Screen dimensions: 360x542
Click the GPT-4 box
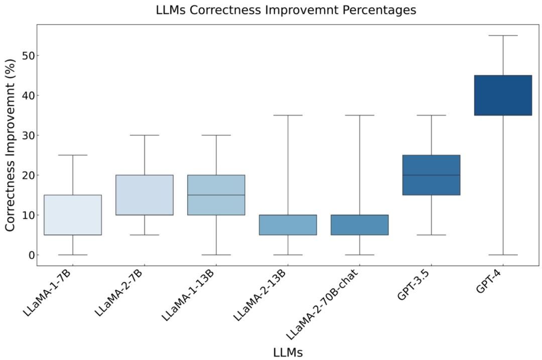pos(503,95)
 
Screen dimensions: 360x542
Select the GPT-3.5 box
pos(431,175)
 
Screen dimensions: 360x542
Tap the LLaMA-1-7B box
pos(73,215)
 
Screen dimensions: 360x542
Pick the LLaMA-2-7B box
pos(145,195)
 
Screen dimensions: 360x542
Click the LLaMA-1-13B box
pos(216,195)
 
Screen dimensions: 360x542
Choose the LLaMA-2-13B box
pos(288,225)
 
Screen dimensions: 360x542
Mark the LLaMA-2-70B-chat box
pos(360,225)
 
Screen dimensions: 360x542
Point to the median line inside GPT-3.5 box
pos(431,175)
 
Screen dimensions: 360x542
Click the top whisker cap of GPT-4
pos(503,36)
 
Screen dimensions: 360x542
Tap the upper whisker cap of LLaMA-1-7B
pos(73,155)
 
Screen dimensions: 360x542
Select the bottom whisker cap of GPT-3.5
pos(431,235)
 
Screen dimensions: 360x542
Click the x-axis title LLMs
pos(288,352)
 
